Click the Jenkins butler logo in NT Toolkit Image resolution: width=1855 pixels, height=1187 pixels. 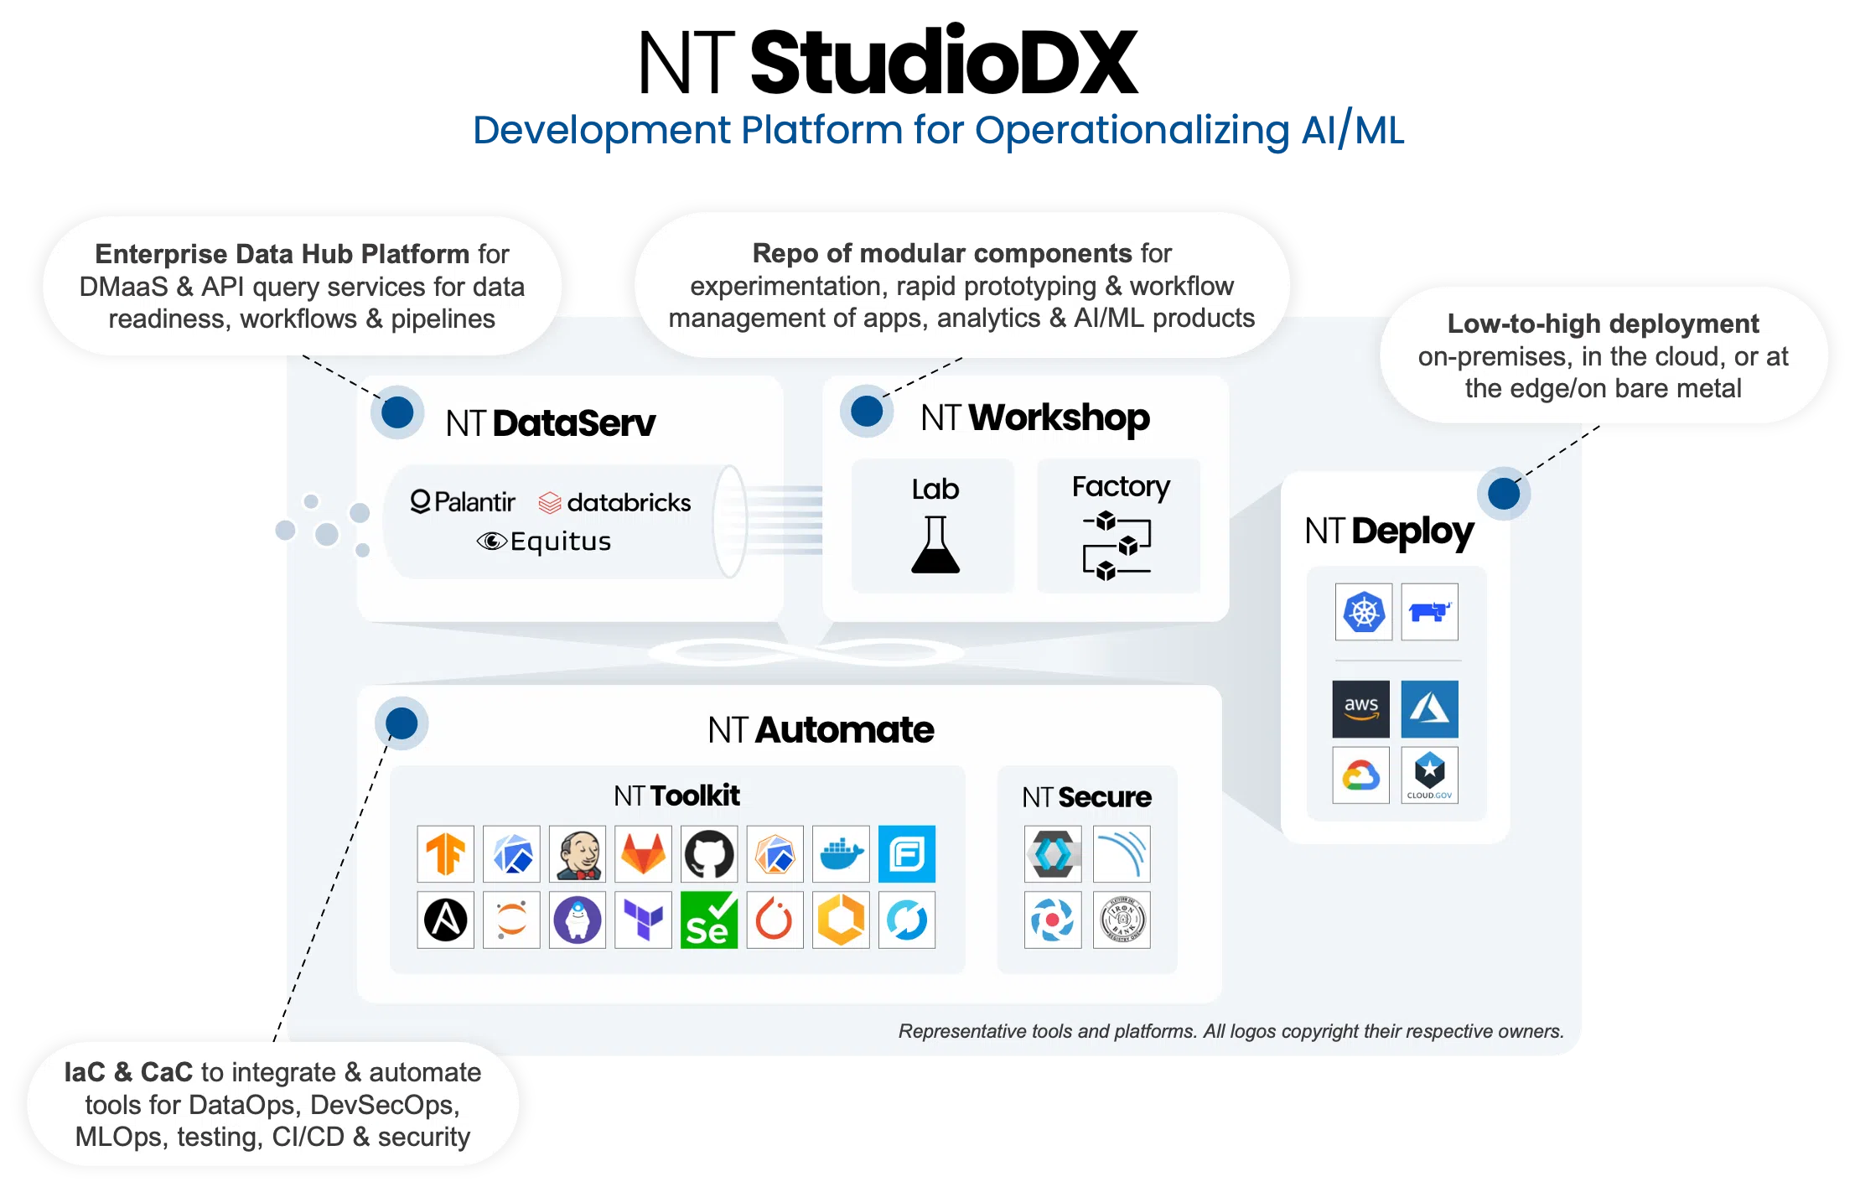click(578, 854)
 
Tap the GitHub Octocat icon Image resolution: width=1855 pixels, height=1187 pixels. click(709, 854)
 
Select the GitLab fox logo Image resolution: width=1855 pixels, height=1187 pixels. click(643, 854)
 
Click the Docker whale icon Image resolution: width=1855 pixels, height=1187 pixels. click(841, 854)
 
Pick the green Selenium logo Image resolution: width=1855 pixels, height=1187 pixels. click(709, 920)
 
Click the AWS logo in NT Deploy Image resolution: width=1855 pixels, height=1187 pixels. click(1361, 709)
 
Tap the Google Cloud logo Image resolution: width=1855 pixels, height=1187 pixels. click(1361, 775)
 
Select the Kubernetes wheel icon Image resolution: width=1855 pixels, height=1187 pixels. click(1364, 612)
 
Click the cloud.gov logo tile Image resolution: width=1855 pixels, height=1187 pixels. click(1430, 775)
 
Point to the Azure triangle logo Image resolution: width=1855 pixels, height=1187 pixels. click(1430, 709)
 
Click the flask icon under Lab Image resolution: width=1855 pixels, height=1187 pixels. click(935, 545)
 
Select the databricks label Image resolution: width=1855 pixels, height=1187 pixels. click(629, 503)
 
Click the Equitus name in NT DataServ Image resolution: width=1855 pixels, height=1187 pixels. click(561, 542)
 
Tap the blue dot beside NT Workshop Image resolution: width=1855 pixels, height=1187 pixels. click(867, 412)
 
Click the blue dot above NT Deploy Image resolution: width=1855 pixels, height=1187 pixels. click(1504, 494)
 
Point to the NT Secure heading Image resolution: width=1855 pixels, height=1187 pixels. click(1087, 796)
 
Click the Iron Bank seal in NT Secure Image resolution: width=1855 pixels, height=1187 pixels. click(1122, 920)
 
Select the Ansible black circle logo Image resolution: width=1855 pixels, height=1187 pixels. click(445, 920)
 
